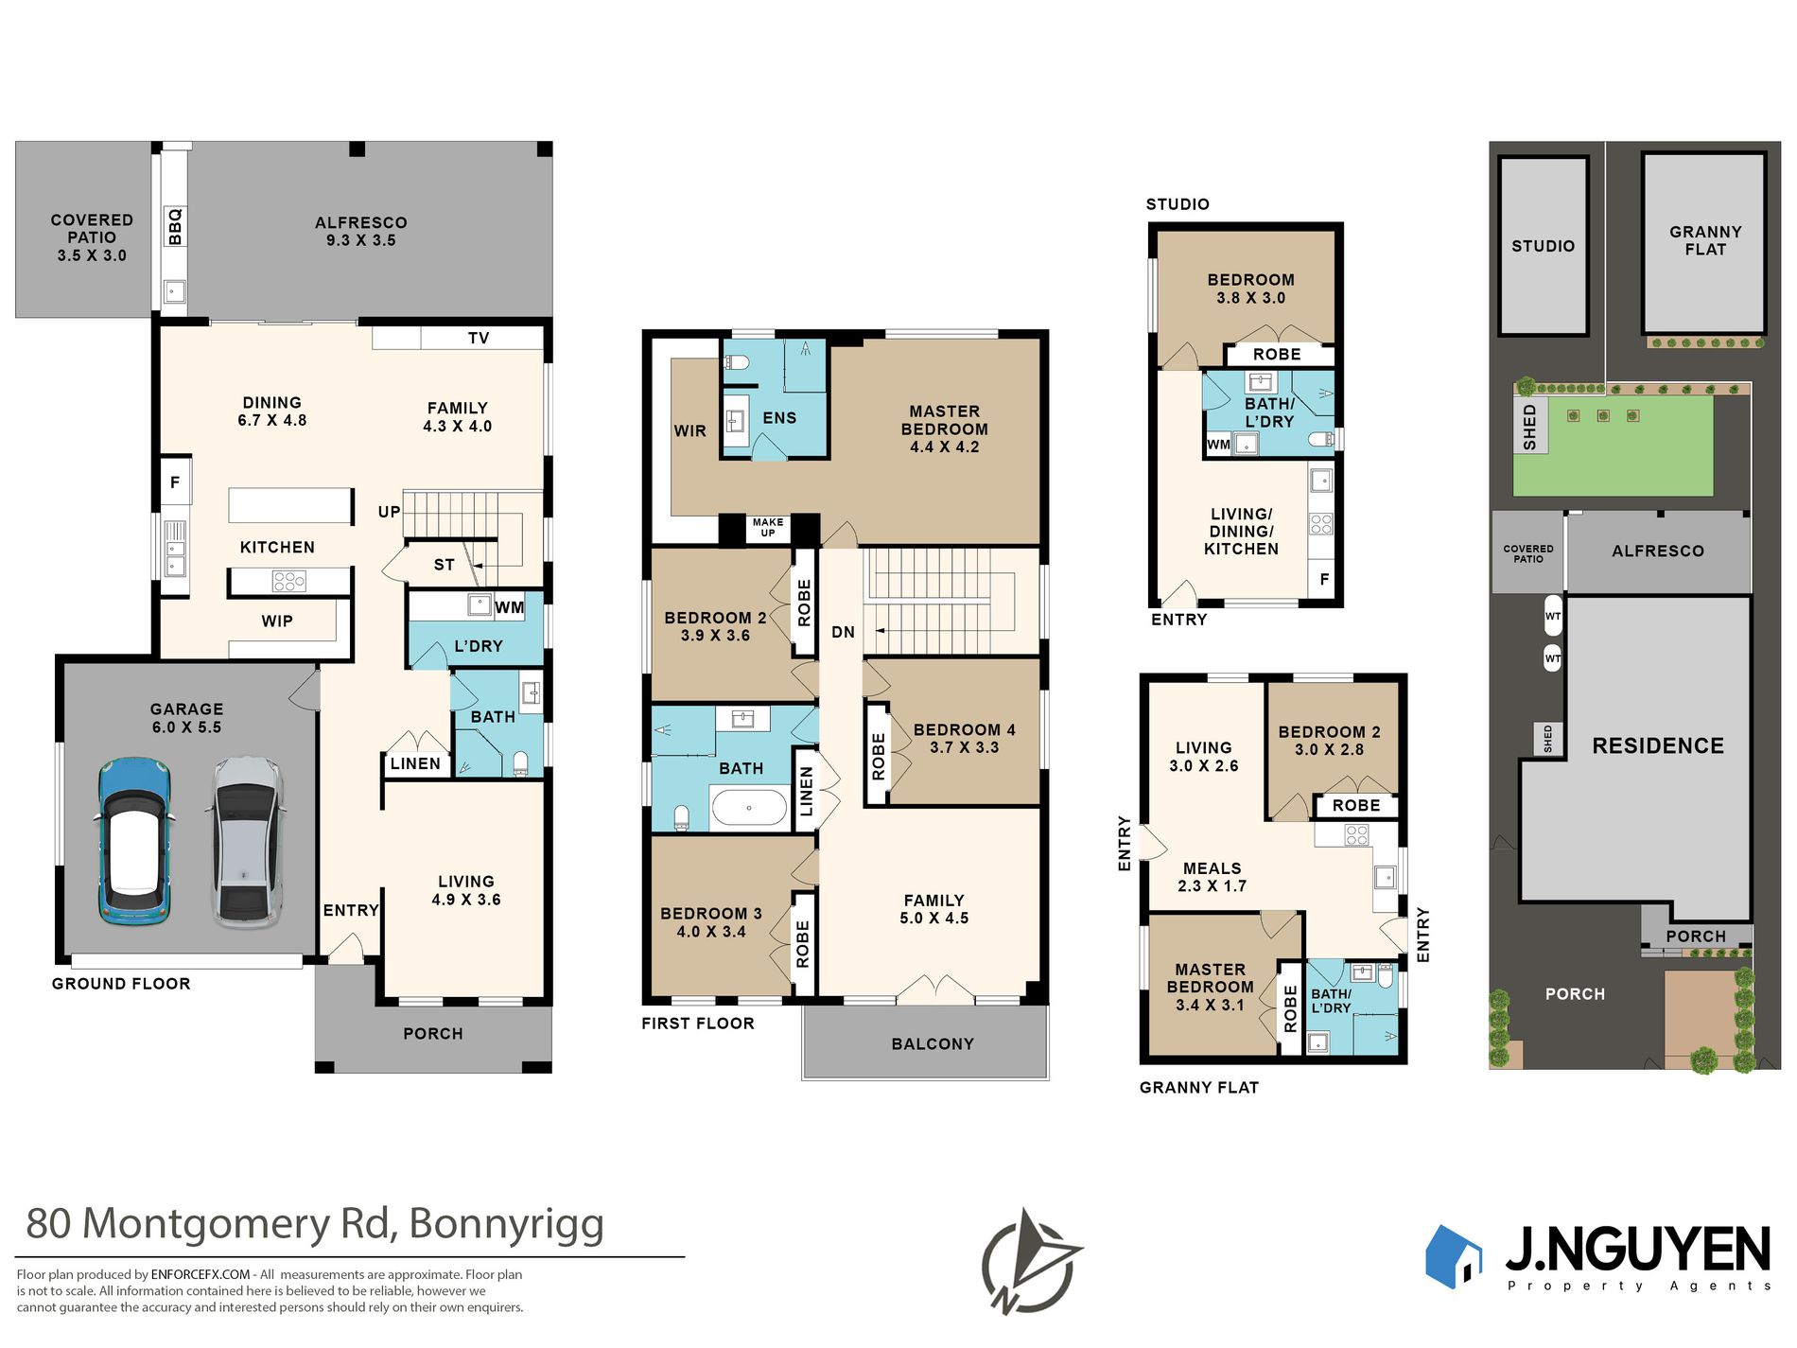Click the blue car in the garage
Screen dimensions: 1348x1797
[135, 841]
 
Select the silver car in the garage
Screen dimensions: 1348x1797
[244, 841]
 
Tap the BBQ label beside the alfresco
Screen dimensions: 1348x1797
[175, 228]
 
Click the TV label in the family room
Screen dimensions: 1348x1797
[479, 338]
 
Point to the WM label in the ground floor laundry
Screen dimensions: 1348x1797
[510, 607]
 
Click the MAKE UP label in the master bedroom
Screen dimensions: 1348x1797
[768, 527]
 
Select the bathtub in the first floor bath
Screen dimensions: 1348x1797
[748, 809]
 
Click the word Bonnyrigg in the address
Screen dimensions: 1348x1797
[506, 1223]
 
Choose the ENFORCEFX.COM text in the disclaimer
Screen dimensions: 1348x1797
[201, 1274]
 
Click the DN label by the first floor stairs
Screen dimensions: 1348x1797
[843, 632]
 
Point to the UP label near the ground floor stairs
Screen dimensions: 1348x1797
[389, 512]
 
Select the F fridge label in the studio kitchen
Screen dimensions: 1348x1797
[1324, 579]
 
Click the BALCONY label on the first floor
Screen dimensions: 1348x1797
[932, 1043]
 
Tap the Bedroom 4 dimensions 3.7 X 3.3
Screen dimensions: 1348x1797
[964, 747]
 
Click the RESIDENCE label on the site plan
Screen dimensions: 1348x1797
[1657, 745]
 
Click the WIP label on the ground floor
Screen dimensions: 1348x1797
[277, 621]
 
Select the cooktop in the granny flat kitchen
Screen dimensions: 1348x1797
[1356, 834]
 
